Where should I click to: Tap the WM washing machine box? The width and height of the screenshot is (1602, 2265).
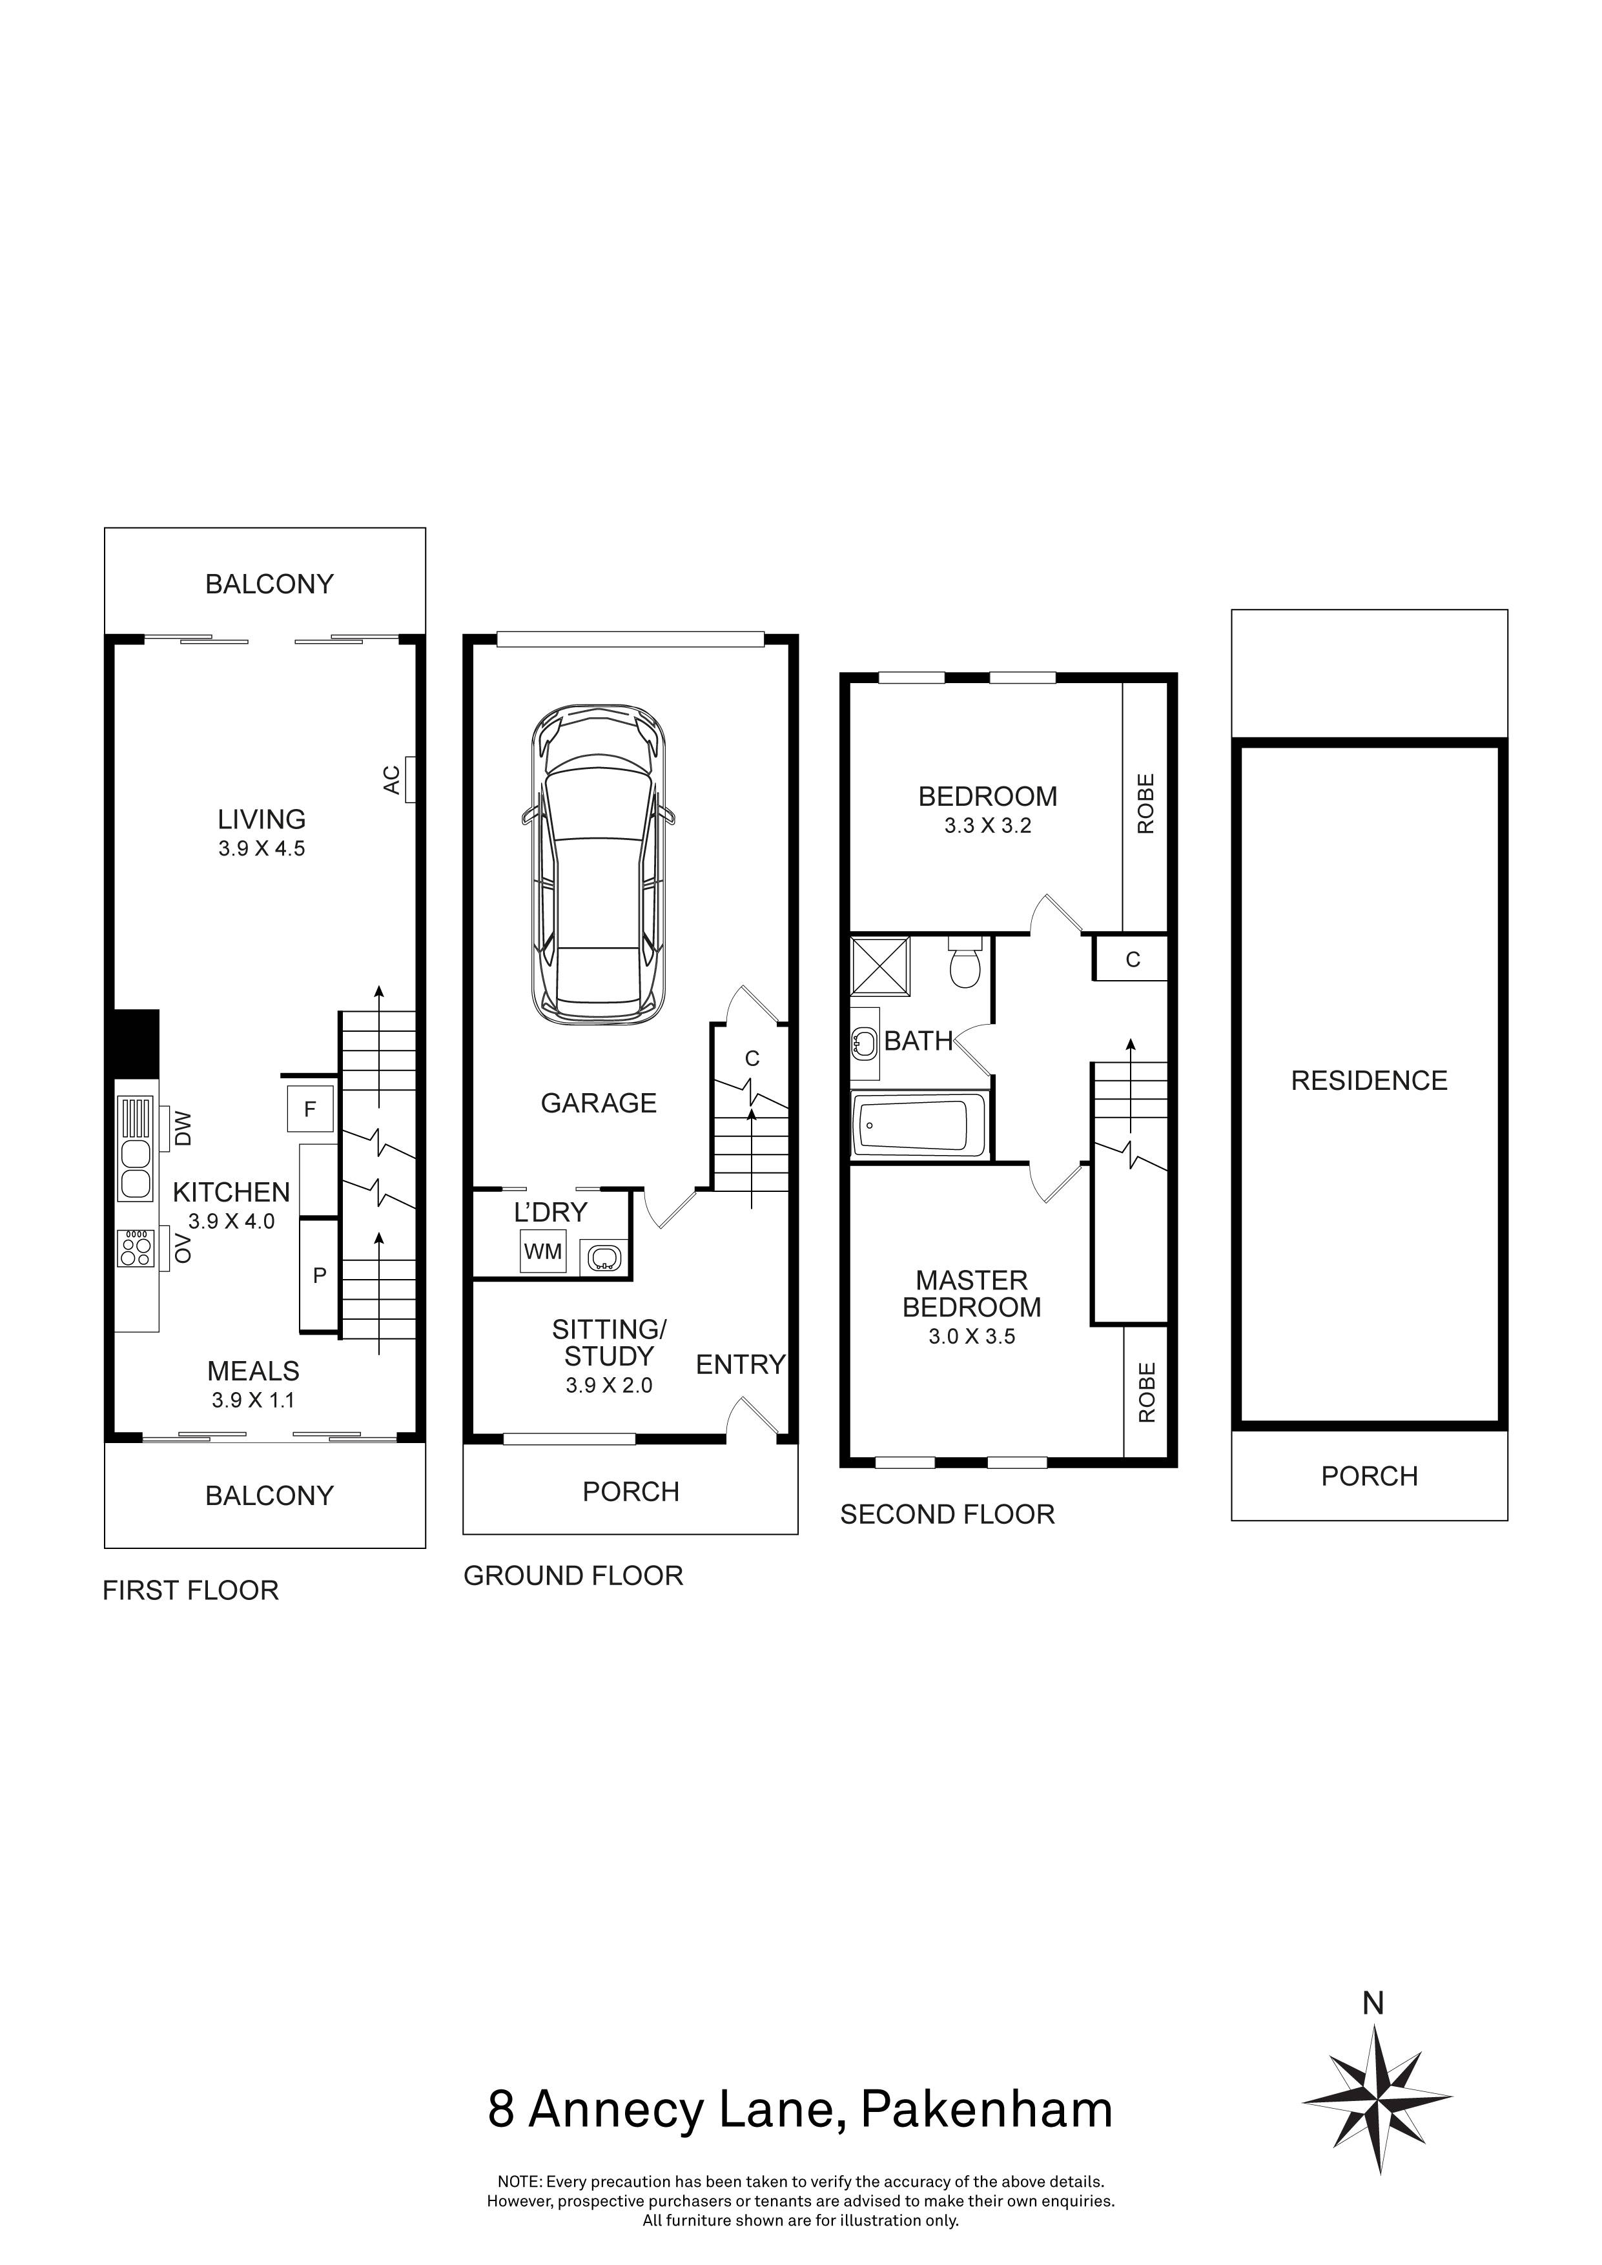click(x=542, y=1252)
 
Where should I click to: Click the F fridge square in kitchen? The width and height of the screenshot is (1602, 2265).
click(x=310, y=1109)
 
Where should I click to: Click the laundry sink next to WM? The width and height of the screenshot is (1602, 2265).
click(x=602, y=1258)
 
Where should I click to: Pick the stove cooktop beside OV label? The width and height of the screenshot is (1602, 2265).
click(x=136, y=1249)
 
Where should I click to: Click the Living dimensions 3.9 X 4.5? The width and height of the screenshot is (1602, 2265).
click(x=262, y=848)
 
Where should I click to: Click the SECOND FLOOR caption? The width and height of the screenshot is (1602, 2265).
click(x=947, y=1514)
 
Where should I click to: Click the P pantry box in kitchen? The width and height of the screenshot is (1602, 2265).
click(x=318, y=1276)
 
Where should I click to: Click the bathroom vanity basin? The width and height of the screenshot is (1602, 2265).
click(x=864, y=1041)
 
